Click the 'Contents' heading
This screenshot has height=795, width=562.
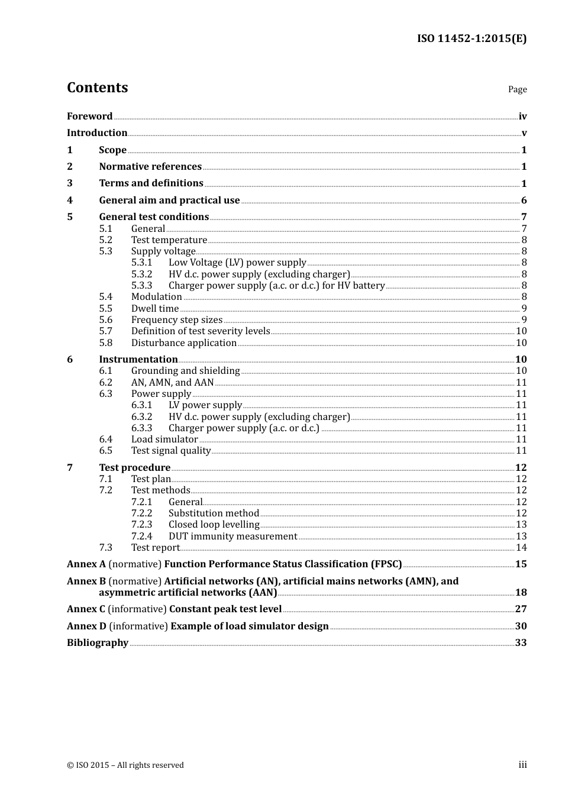pyautogui.click(x=97, y=88)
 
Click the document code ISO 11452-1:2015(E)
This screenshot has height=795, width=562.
pyautogui.click(x=471, y=38)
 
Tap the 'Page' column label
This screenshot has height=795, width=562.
pyautogui.click(x=517, y=89)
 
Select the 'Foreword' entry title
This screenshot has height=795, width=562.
pyautogui.click(x=89, y=116)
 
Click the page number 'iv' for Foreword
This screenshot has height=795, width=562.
pyautogui.click(x=522, y=117)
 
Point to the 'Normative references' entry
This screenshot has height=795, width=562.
pyautogui.click(x=150, y=167)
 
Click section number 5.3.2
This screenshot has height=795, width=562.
pyautogui.click(x=141, y=274)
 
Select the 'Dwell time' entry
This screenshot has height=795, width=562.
pyautogui.click(x=155, y=308)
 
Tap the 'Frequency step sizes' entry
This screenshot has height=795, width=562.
pyautogui.click(x=177, y=319)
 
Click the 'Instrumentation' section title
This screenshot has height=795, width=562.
pyautogui.click(x=138, y=359)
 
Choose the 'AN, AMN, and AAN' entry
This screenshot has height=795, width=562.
pyautogui.click(x=172, y=382)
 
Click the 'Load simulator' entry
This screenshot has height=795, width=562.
pyautogui.click(x=164, y=439)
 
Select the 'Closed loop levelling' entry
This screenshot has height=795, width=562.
pyautogui.click(x=214, y=524)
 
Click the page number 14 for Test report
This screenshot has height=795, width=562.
pyautogui.click(x=521, y=547)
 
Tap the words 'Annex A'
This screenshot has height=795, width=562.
pyautogui.click(x=86, y=564)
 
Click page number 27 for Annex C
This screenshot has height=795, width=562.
pyautogui.click(x=521, y=609)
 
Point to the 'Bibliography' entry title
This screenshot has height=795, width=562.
pyautogui.click(x=98, y=642)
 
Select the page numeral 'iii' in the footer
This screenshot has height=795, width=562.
pyautogui.click(x=522, y=764)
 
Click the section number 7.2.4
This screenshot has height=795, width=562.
pyautogui.click(x=141, y=536)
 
